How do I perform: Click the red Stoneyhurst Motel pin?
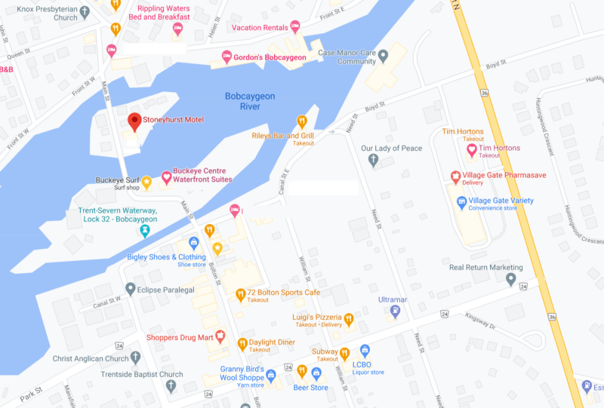coord(134,121)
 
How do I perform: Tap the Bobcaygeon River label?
coord(249,101)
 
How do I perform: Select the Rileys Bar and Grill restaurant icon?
coord(302,121)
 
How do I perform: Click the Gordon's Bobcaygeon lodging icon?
coord(226,57)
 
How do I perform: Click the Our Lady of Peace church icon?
coord(372,160)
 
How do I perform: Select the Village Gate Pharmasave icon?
coord(455,176)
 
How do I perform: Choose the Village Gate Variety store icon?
coord(461,201)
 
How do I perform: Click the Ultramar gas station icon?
coord(394,310)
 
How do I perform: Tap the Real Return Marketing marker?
coord(511,279)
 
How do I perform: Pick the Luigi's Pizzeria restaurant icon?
coord(349,320)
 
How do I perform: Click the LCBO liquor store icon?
coord(365,351)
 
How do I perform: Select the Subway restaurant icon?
coord(344,352)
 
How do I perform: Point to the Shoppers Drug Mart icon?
coord(220,336)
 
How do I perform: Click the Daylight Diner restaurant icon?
coord(242,344)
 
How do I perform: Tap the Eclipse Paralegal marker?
coord(131,289)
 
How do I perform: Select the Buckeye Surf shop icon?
coord(147,181)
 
